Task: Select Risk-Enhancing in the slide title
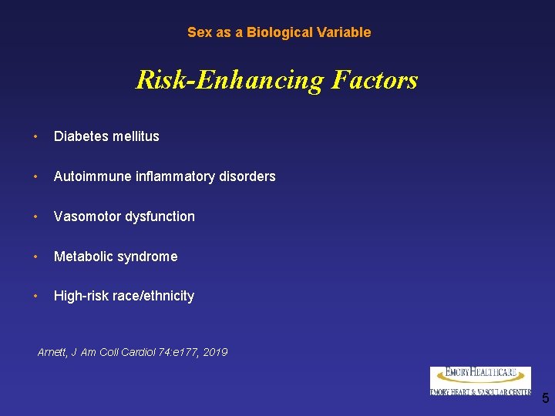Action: (x=230, y=80)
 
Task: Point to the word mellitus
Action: (x=135, y=136)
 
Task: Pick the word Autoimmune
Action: (x=86, y=176)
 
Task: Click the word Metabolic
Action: (x=82, y=257)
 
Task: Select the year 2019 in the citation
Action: (x=214, y=353)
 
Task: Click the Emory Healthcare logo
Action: (x=480, y=381)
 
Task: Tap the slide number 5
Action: (x=545, y=398)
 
